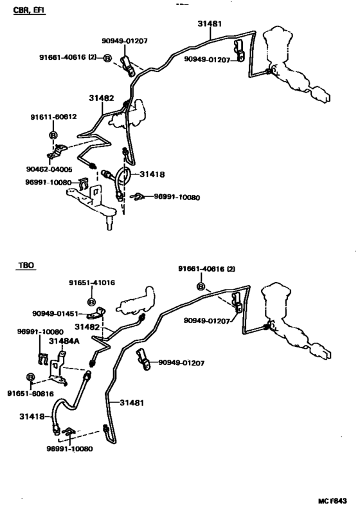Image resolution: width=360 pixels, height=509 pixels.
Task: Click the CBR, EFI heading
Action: [29, 10]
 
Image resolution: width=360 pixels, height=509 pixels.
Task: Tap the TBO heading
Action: [26, 265]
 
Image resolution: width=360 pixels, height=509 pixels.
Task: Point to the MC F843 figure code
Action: [332, 501]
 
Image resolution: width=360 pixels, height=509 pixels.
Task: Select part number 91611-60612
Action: [54, 117]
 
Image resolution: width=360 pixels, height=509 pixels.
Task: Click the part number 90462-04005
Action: [50, 169]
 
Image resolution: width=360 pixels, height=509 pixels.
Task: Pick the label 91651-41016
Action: [92, 282]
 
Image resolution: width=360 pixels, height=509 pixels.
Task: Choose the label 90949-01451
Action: [55, 313]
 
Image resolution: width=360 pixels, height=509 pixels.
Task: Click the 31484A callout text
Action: [64, 341]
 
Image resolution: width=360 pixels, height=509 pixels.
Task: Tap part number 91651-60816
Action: [30, 393]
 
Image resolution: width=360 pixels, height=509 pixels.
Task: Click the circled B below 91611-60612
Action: [53, 135]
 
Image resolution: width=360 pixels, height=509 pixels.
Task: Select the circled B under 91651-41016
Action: [92, 302]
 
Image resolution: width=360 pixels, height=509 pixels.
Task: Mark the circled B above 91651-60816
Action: [30, 377]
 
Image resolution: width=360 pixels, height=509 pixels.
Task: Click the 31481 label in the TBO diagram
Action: [132, 403]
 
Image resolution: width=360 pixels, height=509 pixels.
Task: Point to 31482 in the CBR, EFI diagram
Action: [102, 98]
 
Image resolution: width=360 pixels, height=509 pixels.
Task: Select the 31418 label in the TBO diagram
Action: [32, 416]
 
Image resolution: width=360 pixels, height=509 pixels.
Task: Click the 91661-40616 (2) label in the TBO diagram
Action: [206, 269]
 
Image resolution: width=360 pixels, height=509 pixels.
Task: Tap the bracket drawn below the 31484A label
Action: [58, 366]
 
